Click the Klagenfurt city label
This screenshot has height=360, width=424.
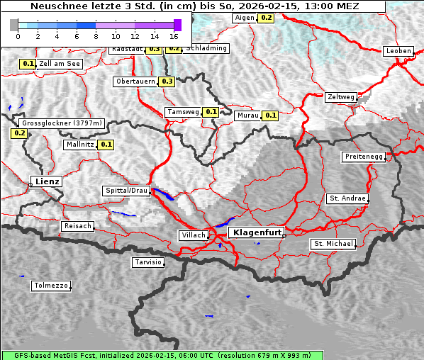[258, 232]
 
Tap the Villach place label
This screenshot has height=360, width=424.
[193, 235]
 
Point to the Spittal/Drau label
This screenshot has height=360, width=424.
[126, 191]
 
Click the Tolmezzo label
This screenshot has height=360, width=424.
[50, 286]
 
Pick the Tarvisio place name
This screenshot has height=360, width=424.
[148, 262]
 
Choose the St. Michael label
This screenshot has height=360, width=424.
[333, 244]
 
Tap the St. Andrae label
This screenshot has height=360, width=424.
[347, 198]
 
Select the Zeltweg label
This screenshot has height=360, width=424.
[341, 96]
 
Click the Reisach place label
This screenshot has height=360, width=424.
[78, 226]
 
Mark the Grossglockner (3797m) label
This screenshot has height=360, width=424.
[62, 123]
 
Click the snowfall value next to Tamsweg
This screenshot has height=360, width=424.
[211, 112]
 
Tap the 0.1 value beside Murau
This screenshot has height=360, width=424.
[269, 115]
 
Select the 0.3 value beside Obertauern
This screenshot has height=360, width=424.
[167, 81]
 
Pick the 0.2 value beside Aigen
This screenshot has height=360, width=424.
[266, 17]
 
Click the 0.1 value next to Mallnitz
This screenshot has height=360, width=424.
[106, 145]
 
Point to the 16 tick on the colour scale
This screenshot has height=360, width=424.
[174, 35]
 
